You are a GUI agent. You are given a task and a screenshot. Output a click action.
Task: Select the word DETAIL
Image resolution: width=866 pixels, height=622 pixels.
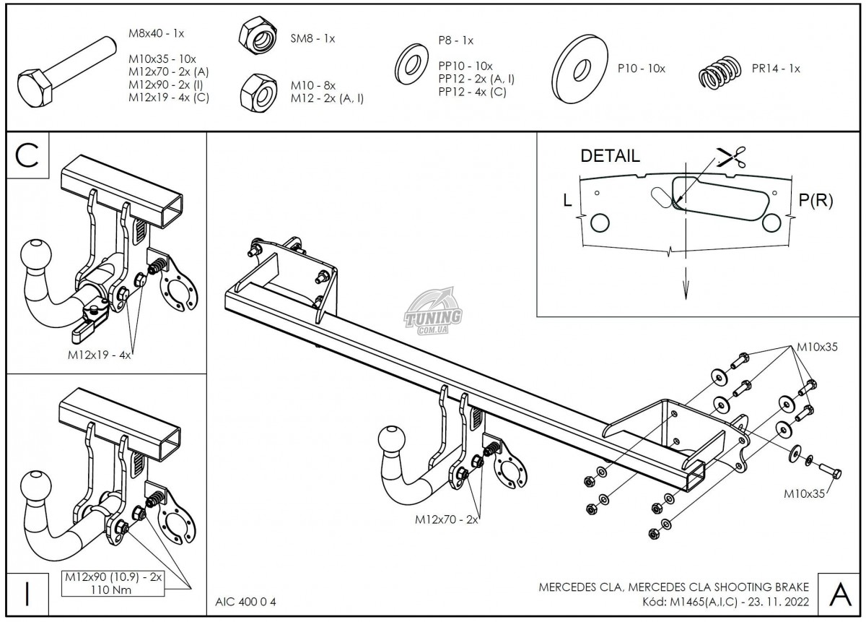[610, 156]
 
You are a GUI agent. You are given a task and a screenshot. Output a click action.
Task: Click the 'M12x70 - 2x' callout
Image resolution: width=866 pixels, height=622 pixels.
[446, 519]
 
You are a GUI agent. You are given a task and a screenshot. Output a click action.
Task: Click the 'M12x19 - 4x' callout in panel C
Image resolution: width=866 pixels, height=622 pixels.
[100, 355]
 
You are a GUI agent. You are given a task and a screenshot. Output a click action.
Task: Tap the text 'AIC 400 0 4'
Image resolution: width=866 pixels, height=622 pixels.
[246, 602]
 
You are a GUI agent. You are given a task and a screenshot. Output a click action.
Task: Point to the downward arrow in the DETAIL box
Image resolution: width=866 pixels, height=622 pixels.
[685, 290]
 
